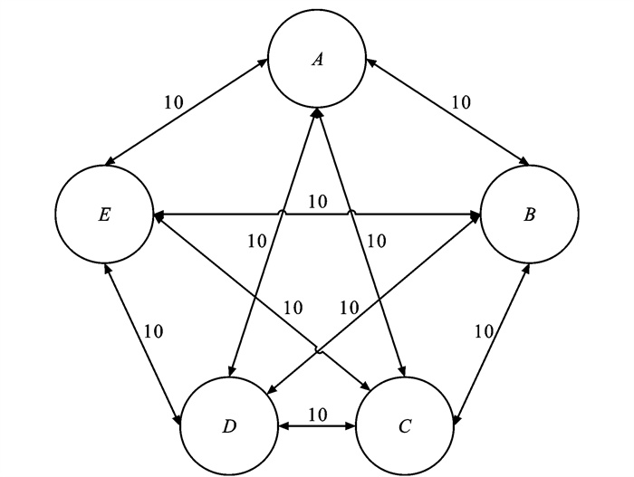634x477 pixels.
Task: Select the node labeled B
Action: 529,215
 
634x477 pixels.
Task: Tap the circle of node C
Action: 404,425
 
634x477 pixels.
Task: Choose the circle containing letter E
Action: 103,216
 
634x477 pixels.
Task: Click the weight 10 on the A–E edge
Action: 174,101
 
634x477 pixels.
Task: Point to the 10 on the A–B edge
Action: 460,101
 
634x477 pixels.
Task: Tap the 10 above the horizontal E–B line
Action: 317,200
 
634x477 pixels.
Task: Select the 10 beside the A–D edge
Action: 256,241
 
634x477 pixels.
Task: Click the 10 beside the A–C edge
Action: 376,241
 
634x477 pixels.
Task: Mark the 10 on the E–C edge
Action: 292,308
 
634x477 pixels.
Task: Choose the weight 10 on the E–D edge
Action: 154,330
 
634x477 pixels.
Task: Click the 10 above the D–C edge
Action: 317,414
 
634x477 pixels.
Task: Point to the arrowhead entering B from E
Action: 475,215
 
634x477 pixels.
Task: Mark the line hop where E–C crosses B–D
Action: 318,348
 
